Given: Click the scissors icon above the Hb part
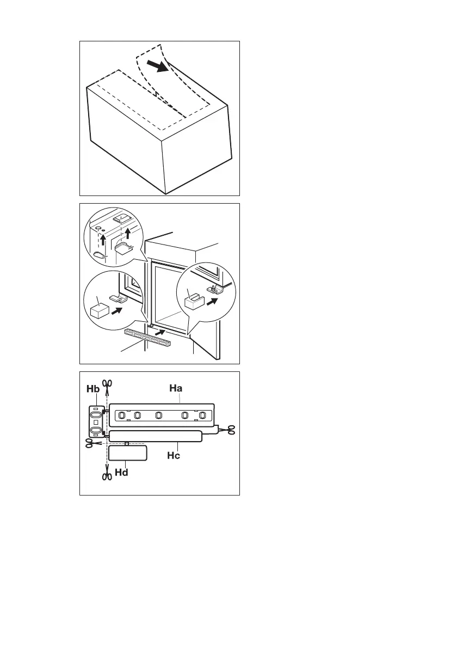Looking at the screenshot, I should tap(108, 384).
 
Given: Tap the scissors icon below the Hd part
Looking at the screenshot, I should tap(106, 476).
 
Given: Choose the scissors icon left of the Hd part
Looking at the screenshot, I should tap(90, 444).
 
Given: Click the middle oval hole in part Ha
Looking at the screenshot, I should tap(158, 415).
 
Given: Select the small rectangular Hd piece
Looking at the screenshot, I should tap(128, 453).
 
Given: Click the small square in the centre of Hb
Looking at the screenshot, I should tap(96, 423).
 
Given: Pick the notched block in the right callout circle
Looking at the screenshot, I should tap(193, 299).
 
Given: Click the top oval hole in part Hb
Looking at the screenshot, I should tap(96, 413).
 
